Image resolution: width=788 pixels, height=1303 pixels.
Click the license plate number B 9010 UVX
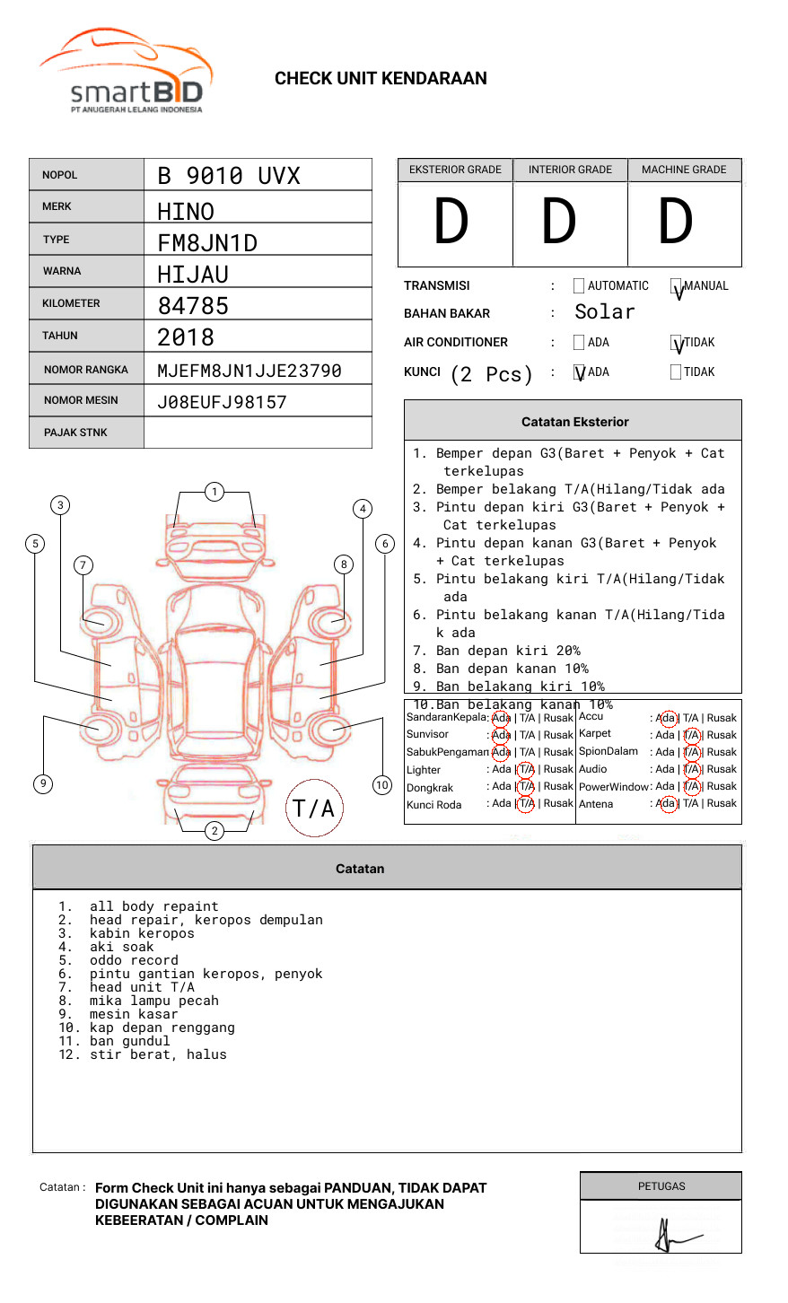click(228, 176)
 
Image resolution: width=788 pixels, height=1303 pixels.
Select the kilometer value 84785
click(193, 306)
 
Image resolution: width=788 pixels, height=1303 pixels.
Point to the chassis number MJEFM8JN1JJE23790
click(249, 371)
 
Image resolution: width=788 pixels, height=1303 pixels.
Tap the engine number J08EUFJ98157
click(222, 402)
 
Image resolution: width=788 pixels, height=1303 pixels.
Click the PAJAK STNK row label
click(75, 433)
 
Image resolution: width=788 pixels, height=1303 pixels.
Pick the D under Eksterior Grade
click(451, 223)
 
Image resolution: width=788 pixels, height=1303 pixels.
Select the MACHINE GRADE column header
click(684, 170)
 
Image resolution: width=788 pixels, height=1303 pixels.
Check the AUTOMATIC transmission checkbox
click(579, 286)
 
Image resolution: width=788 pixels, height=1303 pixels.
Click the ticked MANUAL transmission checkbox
click(676, 287)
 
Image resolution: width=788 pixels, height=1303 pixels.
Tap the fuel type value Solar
click(604, 312)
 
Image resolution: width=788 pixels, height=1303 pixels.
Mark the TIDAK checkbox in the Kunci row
click(676, 372)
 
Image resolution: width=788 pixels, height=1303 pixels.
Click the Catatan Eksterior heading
click(574, 422)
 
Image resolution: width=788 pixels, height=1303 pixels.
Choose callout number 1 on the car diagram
click(214, 492)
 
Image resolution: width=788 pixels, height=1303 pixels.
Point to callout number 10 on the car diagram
click(382, 785)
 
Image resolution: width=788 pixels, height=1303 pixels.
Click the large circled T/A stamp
click(314, 809)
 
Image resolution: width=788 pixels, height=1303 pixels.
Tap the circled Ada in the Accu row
click(667, 718)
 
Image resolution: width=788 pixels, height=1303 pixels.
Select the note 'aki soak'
click(121, 947)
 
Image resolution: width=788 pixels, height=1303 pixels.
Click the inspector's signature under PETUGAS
click(670, 1236)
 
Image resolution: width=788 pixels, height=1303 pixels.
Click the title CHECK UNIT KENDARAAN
click(381, 79)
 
